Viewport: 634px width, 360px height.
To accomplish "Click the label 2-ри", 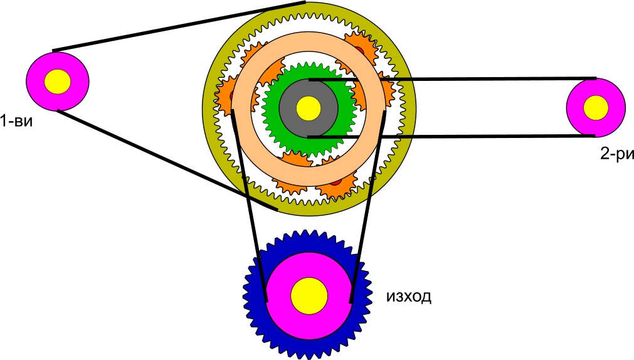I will point(613,154).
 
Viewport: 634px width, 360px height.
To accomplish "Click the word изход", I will point(408,296).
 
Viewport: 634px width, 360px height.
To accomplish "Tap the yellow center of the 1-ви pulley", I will point(58,81).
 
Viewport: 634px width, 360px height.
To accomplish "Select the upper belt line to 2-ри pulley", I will point(489,79).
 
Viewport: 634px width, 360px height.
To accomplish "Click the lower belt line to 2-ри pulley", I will point(489,135).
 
